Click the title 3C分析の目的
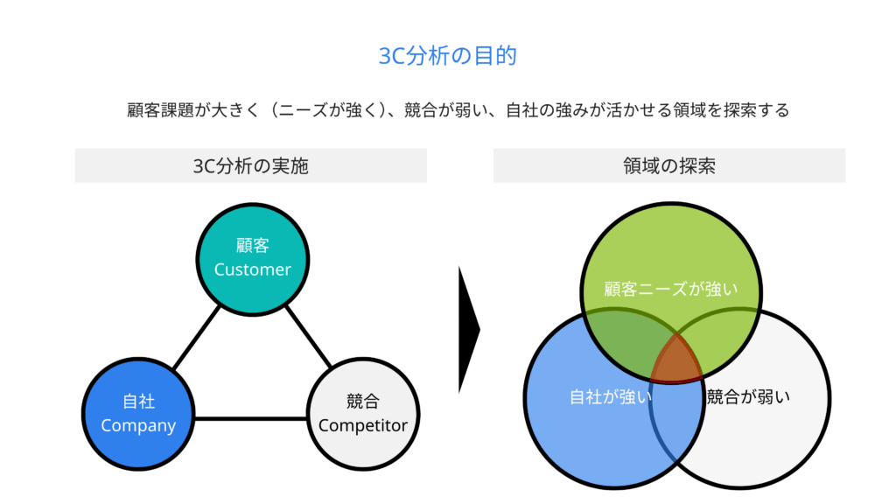point(447,56)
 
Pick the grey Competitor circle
point(363,442)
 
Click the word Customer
point(252,269)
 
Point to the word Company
point(138,426)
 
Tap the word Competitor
point(363,426)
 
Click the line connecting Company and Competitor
point(250,417)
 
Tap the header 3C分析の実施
point(250,165)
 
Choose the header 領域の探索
point(669,165)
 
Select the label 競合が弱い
point(748,396)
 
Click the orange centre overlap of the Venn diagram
point(676,359)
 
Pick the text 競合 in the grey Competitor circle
point(363,402)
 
